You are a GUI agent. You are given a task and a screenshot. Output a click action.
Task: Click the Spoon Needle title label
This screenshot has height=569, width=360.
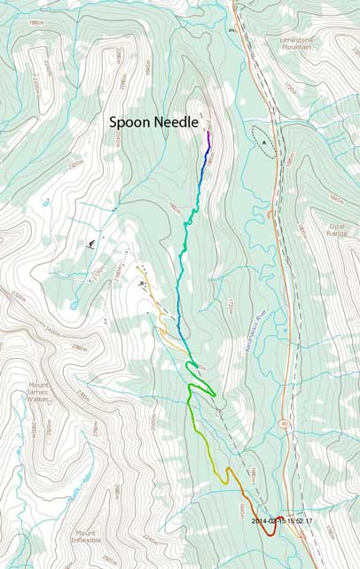(x=153, y=124)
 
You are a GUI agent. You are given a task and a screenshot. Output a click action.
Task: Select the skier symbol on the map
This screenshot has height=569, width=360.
(x=91, y=243)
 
